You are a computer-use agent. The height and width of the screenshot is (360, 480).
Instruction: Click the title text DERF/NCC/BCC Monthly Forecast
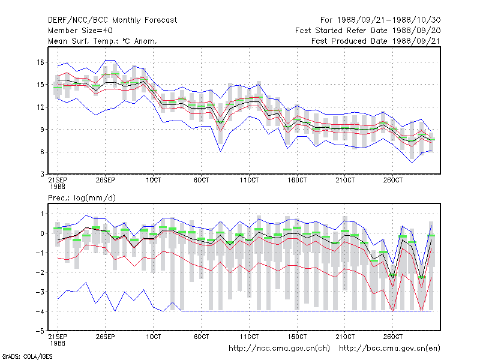112,20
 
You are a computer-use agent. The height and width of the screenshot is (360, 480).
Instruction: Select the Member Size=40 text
80,31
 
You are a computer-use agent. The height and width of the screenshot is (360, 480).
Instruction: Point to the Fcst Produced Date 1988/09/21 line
376,41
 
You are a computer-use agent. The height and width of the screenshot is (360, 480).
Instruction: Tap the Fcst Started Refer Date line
368,31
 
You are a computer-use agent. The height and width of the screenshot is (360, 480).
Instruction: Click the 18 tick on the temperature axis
40,62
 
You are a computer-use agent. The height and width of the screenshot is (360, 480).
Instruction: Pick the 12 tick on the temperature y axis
40,107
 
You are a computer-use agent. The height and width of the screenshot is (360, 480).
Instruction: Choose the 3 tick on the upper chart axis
42,175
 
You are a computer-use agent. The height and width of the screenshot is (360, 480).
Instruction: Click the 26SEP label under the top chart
106,180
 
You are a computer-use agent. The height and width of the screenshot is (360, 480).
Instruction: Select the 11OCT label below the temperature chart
249,180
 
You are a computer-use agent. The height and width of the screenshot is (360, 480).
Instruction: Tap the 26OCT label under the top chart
393,180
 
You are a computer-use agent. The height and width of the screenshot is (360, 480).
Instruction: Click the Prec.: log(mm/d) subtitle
82,198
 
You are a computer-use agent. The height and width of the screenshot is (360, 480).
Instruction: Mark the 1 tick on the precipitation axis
42,214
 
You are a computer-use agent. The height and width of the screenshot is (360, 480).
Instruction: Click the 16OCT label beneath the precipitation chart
297,337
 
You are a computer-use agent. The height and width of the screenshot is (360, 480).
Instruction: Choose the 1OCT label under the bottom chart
154,337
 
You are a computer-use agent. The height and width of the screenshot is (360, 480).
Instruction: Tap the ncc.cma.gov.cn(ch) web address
279,349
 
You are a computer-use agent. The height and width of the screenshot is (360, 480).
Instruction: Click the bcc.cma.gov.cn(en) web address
389,349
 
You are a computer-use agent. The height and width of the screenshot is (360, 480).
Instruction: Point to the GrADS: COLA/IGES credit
27,356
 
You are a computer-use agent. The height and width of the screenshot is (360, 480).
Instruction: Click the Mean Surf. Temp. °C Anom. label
103,41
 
